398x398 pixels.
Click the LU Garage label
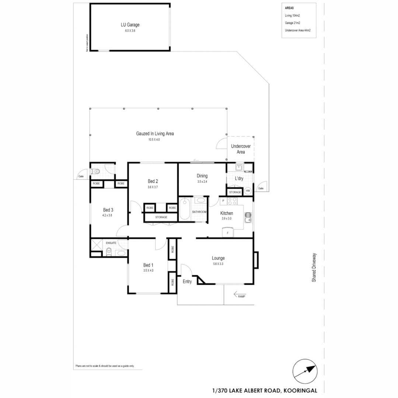click(x=130, y=25)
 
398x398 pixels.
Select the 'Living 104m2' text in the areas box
click(x=293, y=16)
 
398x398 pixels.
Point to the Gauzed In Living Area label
click(x=155, y=134)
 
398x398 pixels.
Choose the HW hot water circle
click(x=248, y=191)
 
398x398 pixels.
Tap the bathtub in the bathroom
click(x=185, y=209)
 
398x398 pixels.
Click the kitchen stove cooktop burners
click(x=232, y=201)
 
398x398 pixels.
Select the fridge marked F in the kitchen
click(x=228, y=233)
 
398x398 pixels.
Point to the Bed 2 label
click(x=153, y=181)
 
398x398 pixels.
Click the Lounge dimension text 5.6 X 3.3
click(x=218, y=264)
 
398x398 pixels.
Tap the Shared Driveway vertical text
click(x=314, y=268)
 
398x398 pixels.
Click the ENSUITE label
click(x=111, y=243)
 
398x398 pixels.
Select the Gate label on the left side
click(x=80, y=177)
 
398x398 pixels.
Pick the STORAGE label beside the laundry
click(x=235, y=192)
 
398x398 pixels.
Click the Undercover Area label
click(x=241, y=149)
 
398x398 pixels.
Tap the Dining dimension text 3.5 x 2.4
click(x=202, y=182)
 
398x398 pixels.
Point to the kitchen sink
click(x=248, y=217)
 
